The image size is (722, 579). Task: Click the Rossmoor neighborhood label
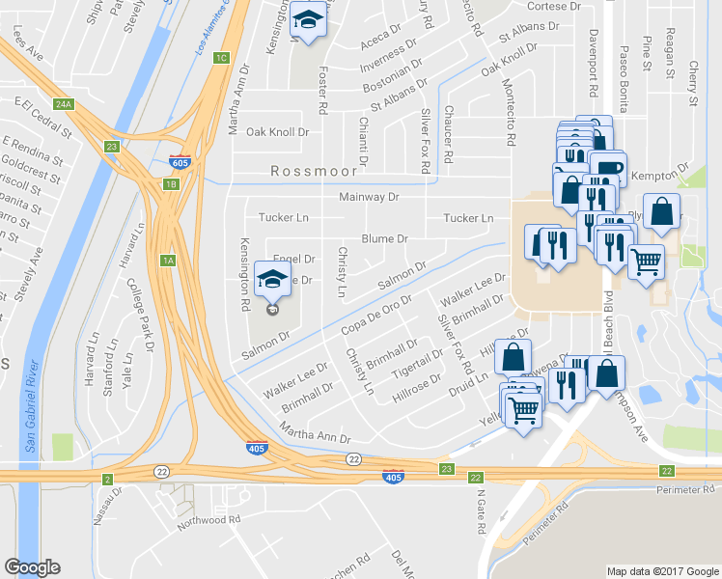315,171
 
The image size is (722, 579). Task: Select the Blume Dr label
384,238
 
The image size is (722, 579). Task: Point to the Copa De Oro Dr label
376,318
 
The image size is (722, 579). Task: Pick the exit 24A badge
64,103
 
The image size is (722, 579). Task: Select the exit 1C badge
221,58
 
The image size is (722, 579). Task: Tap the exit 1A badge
166,260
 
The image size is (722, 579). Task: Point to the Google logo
32,567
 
